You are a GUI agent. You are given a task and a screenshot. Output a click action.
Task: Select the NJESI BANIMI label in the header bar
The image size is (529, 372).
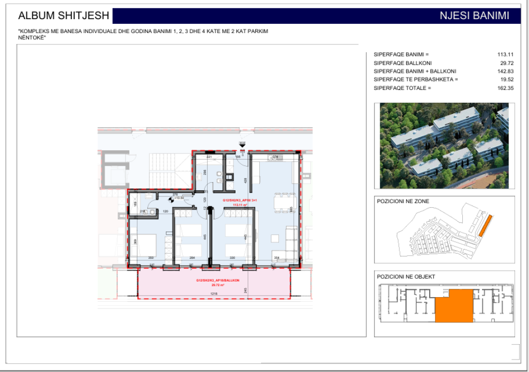(474, 16)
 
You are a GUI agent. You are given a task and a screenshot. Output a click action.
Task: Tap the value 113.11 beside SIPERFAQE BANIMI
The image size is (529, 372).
(504, 54)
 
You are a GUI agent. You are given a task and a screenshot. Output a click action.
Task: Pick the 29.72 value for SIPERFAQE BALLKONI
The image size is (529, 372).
(506, 63)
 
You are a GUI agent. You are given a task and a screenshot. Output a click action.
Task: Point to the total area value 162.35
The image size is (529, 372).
(504, 88)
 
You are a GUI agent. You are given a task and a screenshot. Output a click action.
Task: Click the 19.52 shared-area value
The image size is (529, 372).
(506, 80)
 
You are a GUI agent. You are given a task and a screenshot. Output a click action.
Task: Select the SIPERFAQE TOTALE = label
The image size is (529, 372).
(402, 88)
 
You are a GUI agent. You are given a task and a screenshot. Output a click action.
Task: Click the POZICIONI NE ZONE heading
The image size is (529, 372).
(403, 202)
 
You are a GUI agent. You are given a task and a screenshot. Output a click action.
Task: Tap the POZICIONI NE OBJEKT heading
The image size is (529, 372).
(406, 277)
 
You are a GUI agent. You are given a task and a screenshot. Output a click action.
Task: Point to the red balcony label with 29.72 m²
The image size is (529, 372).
(217, 282)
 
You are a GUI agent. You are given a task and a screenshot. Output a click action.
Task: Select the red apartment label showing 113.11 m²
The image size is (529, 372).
(236, 203)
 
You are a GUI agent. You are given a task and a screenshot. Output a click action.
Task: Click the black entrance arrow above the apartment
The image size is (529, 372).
(242, 146)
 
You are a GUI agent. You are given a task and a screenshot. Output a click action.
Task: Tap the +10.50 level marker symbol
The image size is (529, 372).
(172, 197)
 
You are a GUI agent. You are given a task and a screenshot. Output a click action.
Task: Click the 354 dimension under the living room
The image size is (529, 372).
(277, 257)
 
